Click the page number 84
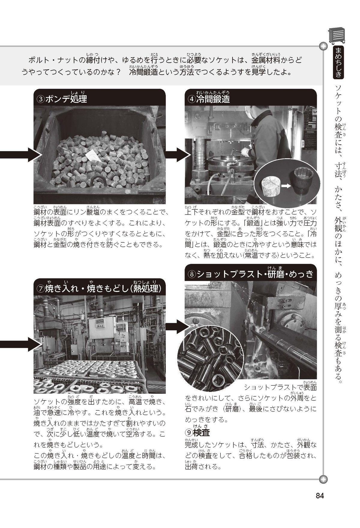coord(320,495)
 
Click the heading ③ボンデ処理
coord(61,99)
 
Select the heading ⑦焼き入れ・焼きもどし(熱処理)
coord(99,289)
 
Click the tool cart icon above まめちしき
coord(337,36)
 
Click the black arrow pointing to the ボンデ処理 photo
coord(21,155)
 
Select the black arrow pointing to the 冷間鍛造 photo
coord(178,155)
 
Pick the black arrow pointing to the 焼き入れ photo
coord(21,344)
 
